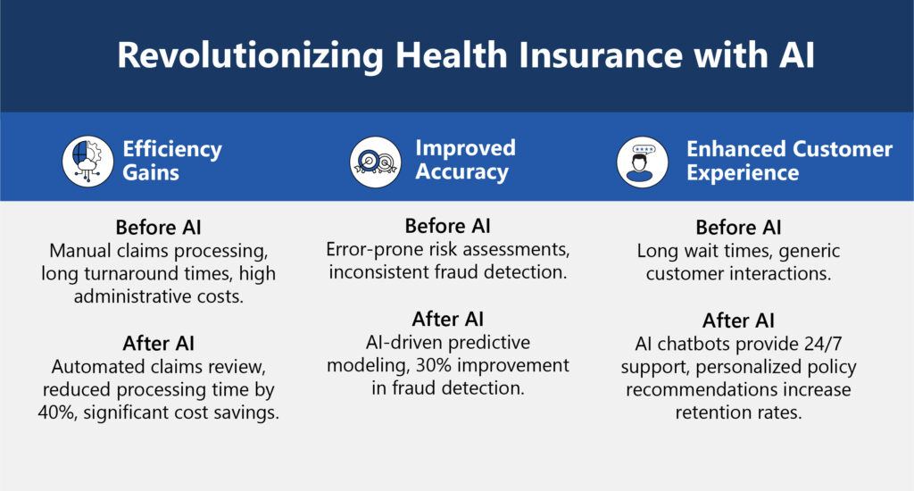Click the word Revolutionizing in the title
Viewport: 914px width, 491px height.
click(250, 56)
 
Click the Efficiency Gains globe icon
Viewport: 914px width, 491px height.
click(87, 161)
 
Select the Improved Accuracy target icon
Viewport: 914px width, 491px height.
click(376, 162)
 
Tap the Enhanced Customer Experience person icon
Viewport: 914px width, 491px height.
click(643, 162)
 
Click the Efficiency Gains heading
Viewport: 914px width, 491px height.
click(172, 161)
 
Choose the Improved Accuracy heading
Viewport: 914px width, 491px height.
click(465, 160)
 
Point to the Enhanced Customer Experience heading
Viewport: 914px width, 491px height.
click(789, 161)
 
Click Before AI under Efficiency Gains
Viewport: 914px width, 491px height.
click(159, 227)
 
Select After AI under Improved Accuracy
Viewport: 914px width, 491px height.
click(448, 319)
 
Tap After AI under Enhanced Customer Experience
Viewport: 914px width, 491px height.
click(738, 320)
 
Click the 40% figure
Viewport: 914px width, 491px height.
click(56, 412)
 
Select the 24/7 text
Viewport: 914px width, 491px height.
click(823, 344)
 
